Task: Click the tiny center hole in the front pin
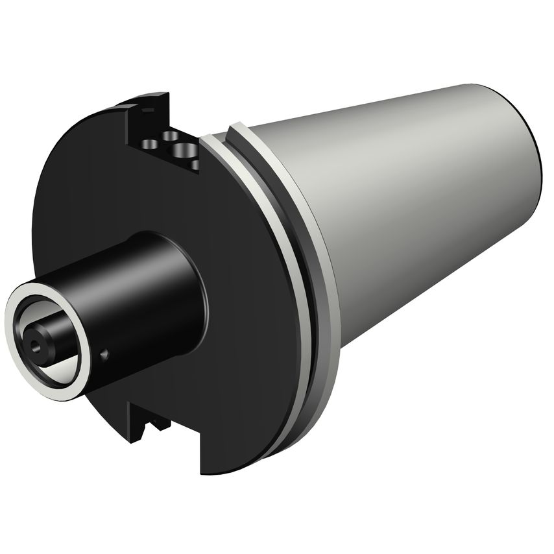click(x=32, y=337)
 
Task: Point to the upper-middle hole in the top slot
click(x=171, y=136)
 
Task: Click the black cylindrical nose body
click(x=143, y=305)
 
